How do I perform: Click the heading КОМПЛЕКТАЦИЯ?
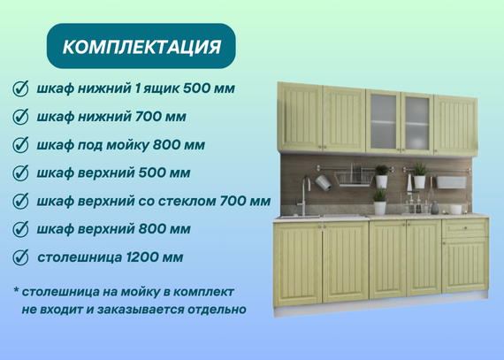click(x=141, y=47)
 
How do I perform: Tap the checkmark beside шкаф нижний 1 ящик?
click(x=20, y=88)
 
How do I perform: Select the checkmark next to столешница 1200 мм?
click(x=20, y=257)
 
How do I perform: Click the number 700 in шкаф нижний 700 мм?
click(x=148, y=117)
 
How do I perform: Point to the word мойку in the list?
click(x=127, y=145)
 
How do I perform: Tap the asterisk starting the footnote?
click(x=16, y=289)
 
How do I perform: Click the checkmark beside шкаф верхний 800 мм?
click(x=20, y=229)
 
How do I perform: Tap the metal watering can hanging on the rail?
click(x=323, y=182)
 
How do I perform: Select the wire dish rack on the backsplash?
click(x=354, y=178)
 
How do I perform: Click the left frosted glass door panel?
click(x=383, y=121)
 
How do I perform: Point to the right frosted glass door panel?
click(x=416, y=124)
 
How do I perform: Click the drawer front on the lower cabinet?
click(x=465, y=228)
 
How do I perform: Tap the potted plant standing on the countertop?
click(x=380, y=201)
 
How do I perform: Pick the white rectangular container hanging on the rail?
click(x=451, y=182)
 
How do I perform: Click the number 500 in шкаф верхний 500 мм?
click(x=151, y=173)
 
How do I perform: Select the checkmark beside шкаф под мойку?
click(x=20, y=145)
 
